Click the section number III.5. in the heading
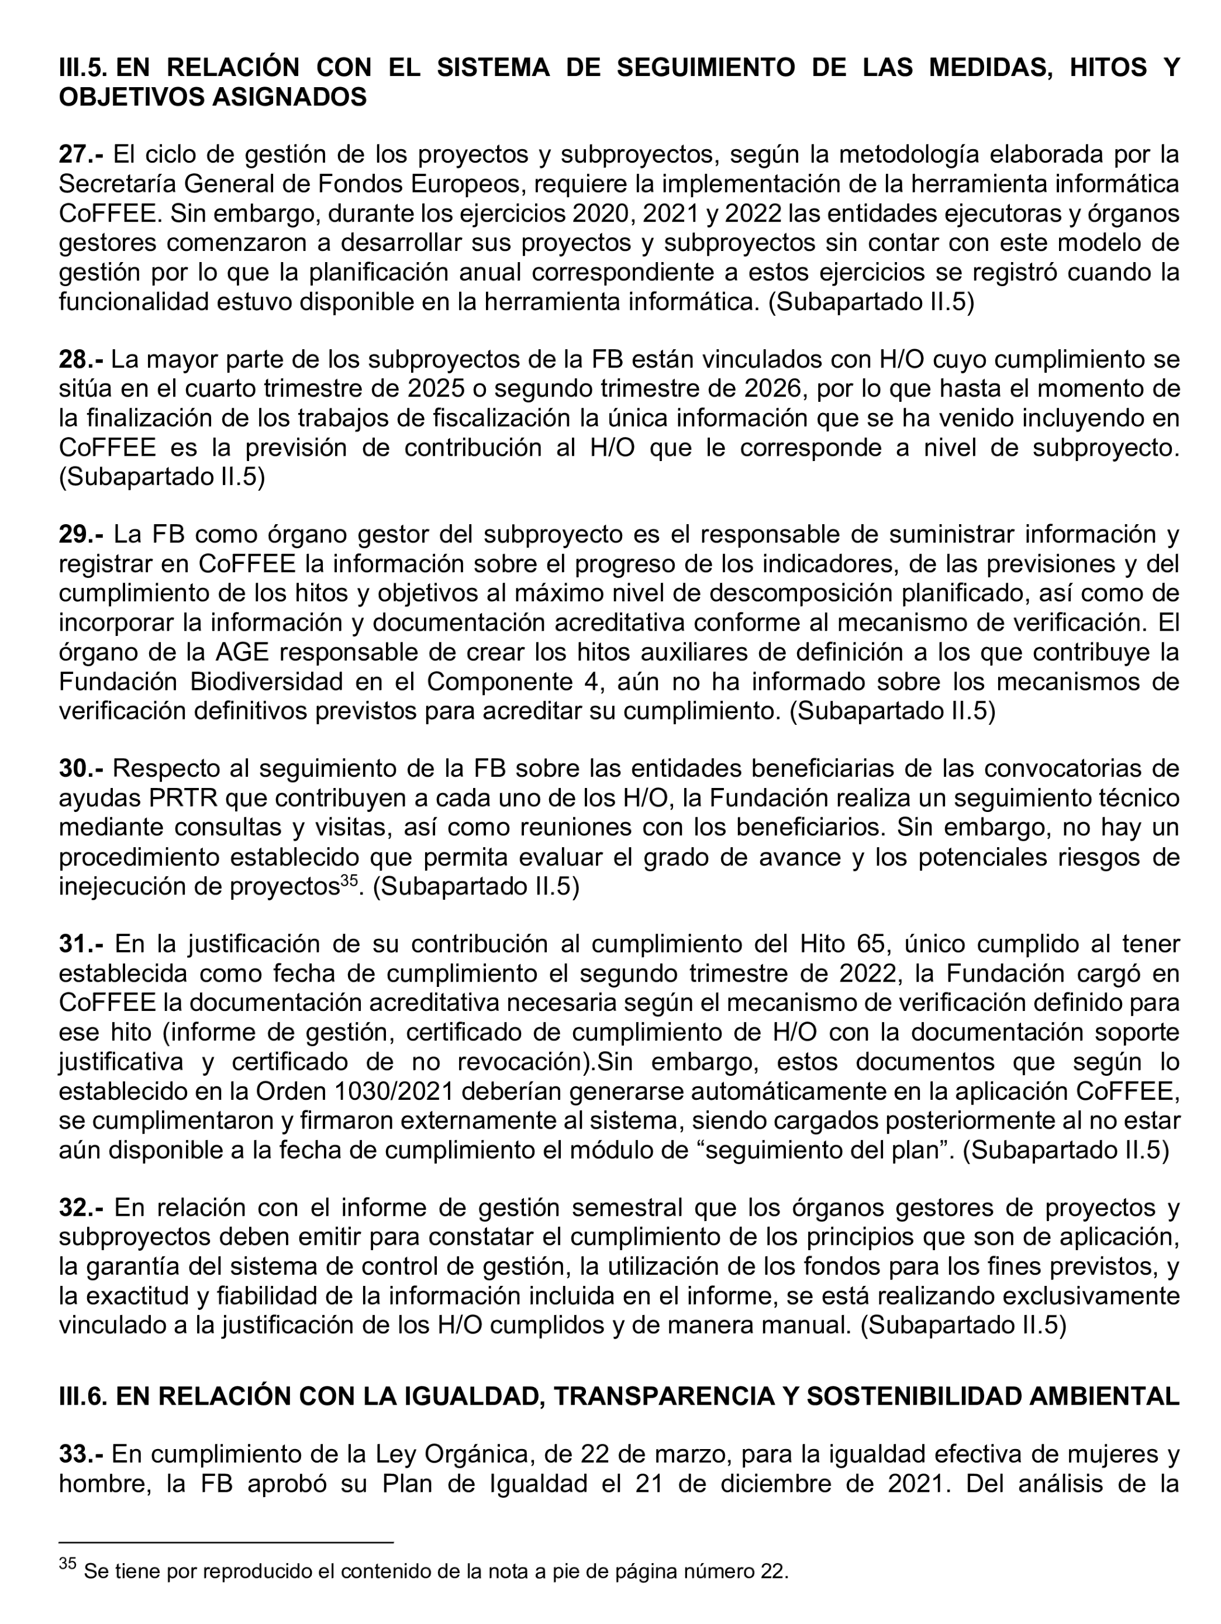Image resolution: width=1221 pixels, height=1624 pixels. (x=83, y=67)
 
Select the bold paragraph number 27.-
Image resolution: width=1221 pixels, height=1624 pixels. (x=81, y=155)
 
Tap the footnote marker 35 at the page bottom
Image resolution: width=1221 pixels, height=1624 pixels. (x=67, y=1564)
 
